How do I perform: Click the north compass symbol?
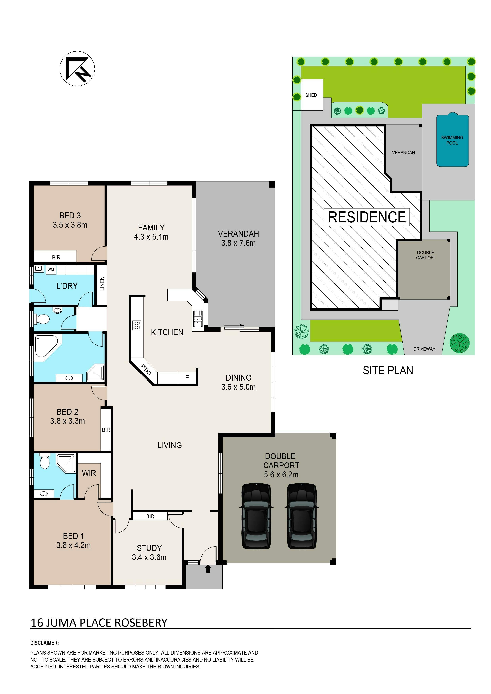click(77, 69)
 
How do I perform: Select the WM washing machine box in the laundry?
click(51, 270)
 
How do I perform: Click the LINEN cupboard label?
click(102, 283)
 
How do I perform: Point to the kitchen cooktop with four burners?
click(137, 325)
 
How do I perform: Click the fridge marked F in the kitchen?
click(187, 378)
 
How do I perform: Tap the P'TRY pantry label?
click(147, 370)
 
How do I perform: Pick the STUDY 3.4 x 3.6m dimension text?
click(149, 553)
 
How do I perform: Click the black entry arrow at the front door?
click(208, 569)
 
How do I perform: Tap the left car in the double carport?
click(256, 516)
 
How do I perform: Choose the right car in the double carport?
click(302, 516)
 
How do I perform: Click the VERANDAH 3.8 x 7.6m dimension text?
click(238, 238)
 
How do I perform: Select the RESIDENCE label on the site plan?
click(367, 217)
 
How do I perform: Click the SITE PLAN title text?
click(388, 370)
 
